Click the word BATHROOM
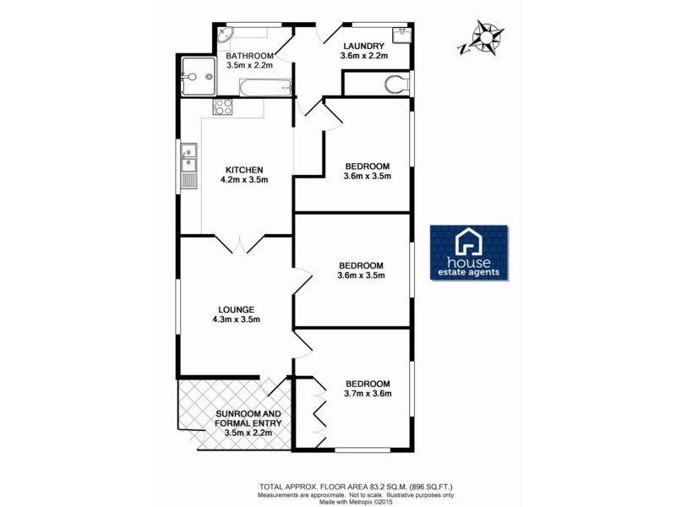pos(249,57)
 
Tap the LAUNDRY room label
pos(364,46)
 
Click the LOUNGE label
pos(235,309)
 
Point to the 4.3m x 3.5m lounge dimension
pos(235,319)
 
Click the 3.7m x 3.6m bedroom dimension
pos(367,393)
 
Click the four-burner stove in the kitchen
pos(223,106)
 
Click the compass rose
pos(487,38)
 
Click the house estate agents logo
pos(469,252)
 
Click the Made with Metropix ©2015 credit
pos(356,502)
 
